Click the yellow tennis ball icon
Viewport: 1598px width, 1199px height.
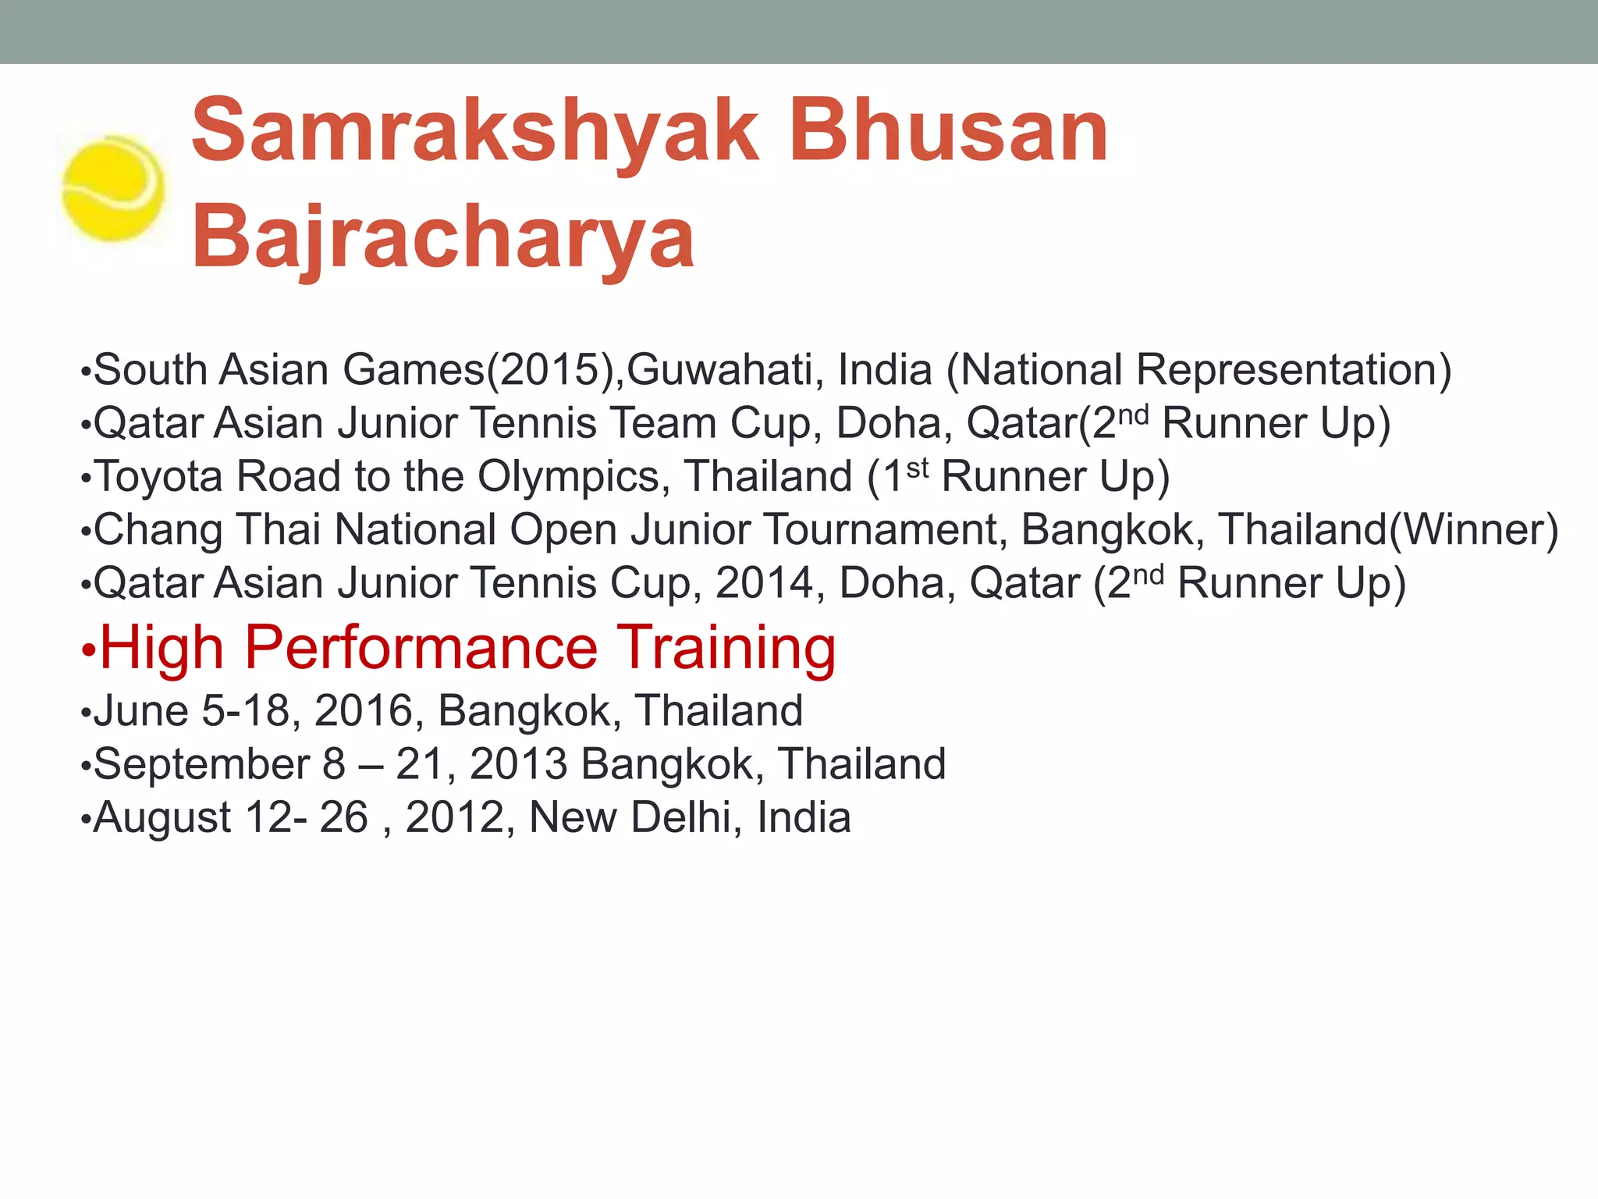coord(113,188)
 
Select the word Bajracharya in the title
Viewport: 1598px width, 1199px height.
coord(443,237)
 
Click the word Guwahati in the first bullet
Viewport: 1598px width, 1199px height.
coord(725,370)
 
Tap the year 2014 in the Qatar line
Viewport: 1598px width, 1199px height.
coord(764,583)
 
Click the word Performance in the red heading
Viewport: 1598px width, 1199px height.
coord(421,648)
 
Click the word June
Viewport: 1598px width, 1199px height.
coord(140,711)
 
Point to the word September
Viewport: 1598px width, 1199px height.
coord(201,764)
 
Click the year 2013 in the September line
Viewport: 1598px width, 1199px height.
coord(519,764)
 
